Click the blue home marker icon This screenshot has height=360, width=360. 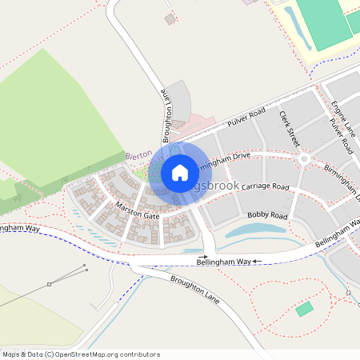click(x=180, y=172)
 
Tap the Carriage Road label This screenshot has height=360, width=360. click(x=264, y=186)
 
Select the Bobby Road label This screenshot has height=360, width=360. click(x=267, y=215)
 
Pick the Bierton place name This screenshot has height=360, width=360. click(x=138, y=156)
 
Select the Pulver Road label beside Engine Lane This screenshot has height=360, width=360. click(x=342, y=136)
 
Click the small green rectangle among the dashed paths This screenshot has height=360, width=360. click(x=304, y=309)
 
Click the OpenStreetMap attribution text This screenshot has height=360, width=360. click(x=80, y=354)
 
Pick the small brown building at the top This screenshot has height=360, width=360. click(x=169, y=18)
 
